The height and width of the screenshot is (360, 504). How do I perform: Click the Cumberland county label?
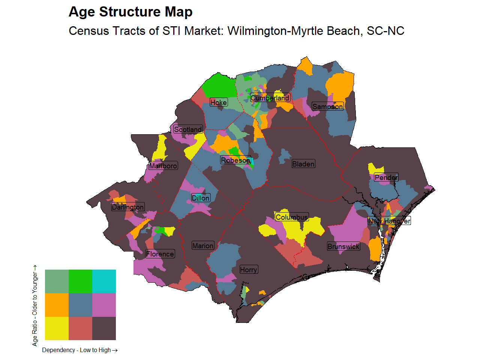coord(270,98)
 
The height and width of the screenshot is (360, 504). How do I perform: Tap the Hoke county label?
coord(219,102)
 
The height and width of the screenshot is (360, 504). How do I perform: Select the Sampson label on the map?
coord(327,106)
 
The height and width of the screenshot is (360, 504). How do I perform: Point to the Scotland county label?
coord(188,129)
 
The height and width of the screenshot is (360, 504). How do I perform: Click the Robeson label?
coord(235,160)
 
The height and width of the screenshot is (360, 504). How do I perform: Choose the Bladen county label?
coord(303,164)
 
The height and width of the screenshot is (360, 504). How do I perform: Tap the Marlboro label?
coord(163,166)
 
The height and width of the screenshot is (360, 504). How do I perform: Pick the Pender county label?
coord(386,177)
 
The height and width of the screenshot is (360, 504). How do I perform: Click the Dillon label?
coord(201,198)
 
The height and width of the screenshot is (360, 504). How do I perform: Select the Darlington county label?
coord(128,207)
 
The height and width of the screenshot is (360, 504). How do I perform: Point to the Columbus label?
coord(292,217)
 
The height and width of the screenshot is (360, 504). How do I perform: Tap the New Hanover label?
coord(389,221)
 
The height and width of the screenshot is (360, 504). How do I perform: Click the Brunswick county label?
coord(343,246)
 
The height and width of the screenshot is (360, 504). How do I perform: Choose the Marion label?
coord(203,246)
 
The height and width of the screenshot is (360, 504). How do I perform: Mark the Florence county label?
coord(160,254)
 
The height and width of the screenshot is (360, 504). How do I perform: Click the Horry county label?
coord(249,270)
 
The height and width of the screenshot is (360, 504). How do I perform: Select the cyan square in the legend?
coord(104,281)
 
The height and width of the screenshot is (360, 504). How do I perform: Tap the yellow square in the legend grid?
coord(57,328)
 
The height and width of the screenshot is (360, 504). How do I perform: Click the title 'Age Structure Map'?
coord(130,12)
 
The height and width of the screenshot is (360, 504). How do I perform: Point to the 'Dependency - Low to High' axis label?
coord(80,350)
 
